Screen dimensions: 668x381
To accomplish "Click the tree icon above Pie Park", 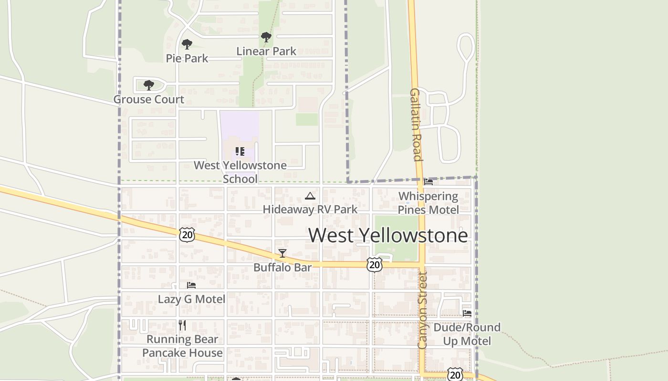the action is click(187, 44).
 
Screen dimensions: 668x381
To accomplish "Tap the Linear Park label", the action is click(266, 51).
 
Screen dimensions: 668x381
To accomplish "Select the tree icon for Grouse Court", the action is click(149, 85).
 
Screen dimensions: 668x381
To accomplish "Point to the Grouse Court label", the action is click(148, 100).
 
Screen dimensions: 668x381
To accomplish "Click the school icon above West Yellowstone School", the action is click(240, 151).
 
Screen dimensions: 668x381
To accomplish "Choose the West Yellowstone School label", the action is click(240, 172).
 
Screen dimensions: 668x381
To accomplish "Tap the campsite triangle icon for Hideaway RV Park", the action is click(310, 196).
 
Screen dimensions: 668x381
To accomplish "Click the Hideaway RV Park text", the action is click(310, 210).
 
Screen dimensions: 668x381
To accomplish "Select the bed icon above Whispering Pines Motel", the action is click(428, 182).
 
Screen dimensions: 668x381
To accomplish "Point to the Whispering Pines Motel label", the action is click(428, 203).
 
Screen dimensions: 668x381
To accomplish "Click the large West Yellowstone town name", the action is click(388, 235).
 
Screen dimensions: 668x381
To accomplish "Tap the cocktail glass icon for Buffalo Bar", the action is click(282, 253).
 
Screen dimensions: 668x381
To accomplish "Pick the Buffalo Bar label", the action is click(282, 268).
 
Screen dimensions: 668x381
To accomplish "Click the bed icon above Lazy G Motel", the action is click(191, 285).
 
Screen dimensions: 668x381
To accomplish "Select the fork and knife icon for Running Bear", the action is click(182, 325).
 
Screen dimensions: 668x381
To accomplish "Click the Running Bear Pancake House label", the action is click(182, 346).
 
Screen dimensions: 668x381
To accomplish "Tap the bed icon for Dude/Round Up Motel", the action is click(467, 313).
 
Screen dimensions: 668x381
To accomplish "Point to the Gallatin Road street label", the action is click(416, 125).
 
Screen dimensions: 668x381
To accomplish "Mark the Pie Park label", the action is click(187, 59).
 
